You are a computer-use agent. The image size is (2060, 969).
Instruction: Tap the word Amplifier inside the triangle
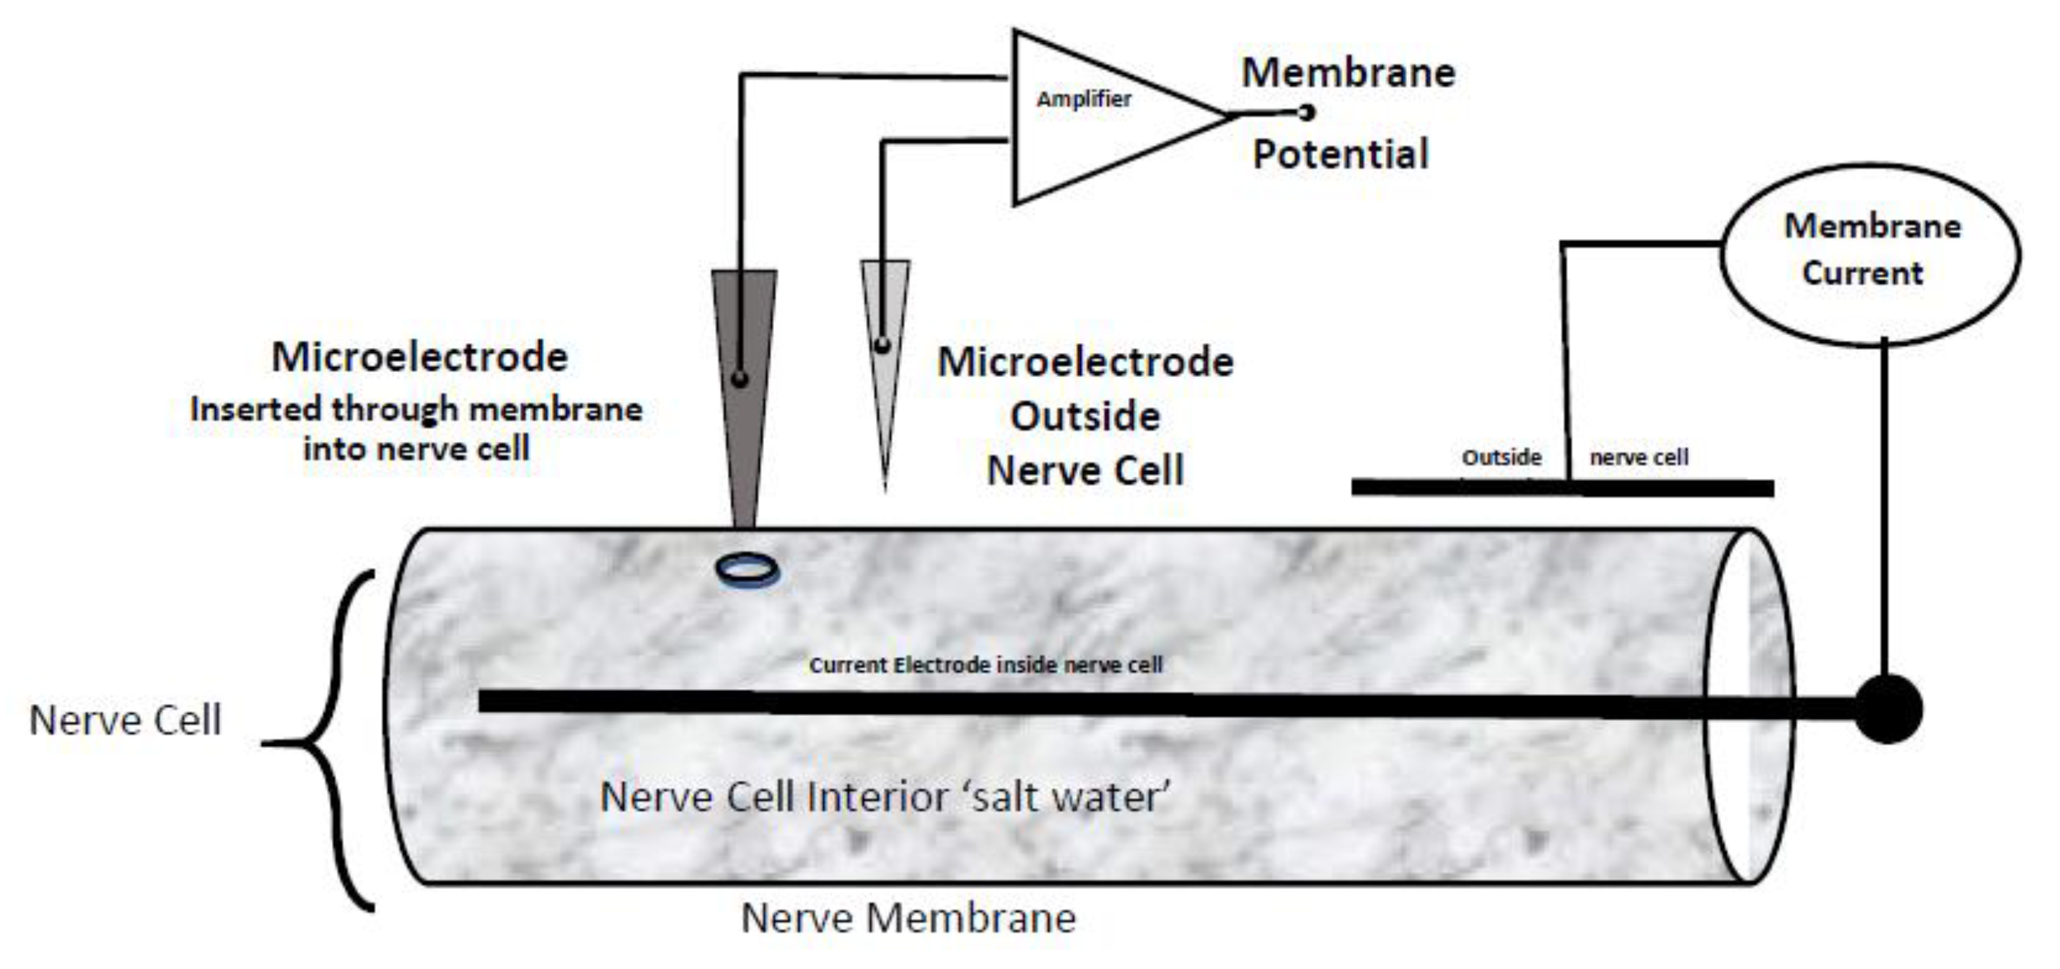[x=1084, y=99]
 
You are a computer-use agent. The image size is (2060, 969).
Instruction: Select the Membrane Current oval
[x=1870, y=254]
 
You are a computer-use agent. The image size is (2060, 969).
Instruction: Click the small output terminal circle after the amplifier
[x=1307, y=113]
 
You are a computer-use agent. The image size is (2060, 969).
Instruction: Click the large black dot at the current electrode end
[x=1887, y=708]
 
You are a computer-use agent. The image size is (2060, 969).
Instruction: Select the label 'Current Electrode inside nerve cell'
[x=985, y=665]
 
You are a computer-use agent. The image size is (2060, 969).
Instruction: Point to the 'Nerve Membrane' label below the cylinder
[x=908, y=918]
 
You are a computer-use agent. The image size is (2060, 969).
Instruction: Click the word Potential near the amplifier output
[x=1340, y=154]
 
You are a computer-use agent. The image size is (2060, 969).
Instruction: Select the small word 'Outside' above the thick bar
[x=1501, y=458]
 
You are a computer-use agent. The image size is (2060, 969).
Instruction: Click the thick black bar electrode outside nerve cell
[x=1562, y=488]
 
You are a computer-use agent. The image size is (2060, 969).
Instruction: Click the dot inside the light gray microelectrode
[x=882, y=345]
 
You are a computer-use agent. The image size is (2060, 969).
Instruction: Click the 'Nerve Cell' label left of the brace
[x=125, y=719]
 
